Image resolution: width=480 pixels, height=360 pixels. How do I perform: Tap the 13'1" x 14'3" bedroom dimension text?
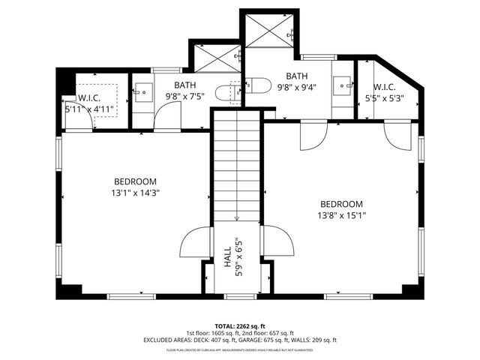[136, 192]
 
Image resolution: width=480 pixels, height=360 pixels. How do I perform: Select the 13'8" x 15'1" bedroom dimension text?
[341, 215]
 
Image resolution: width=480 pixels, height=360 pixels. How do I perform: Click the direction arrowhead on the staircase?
[236, 219]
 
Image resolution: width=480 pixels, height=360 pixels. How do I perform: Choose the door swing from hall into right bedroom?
[277, 241]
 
